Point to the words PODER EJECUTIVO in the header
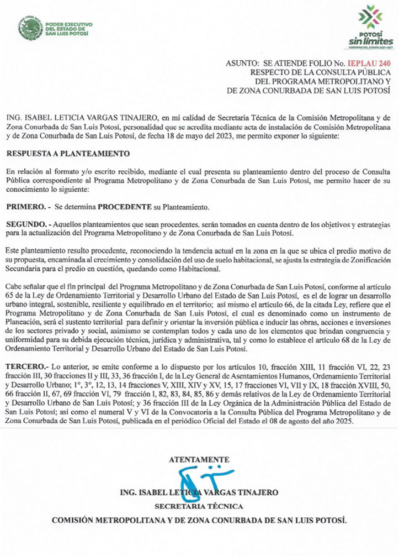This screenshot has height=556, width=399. tap(68, 25)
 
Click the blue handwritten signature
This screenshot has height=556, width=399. tap(195, 478)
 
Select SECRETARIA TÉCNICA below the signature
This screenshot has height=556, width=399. tap(199, 506)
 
